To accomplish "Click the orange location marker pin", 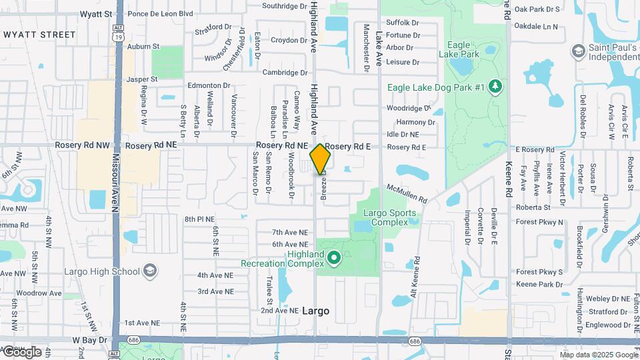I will tap(321, 159).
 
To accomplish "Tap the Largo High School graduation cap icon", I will tap(150, 271).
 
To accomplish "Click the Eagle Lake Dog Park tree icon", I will tap(495, 87).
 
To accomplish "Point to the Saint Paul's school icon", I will tap(577, 51).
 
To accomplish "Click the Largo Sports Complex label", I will tap(390, 217).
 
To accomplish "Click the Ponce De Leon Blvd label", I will tap(159, 13).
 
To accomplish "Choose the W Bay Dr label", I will tap(89, 340).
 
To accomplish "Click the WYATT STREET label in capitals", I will tap(39, 34).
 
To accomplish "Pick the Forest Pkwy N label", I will tap(539, 222).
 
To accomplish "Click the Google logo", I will tap(22, 352).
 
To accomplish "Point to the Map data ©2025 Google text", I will tap(599, 355).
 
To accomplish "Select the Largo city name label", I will tap(315, 311).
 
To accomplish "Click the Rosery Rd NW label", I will tap(83, 145).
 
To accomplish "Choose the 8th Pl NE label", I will tap(200, 219).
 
